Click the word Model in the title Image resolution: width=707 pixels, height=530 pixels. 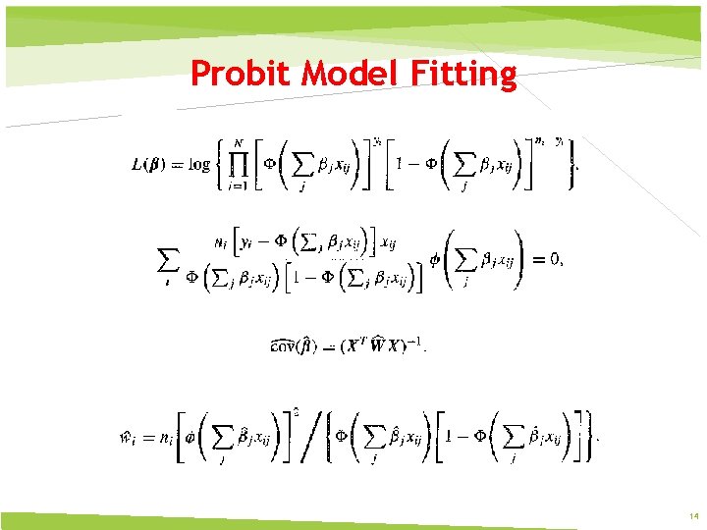pyautogui.click(x=339, y=74)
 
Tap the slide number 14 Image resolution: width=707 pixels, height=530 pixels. pyautogui.click(x=692, y=515)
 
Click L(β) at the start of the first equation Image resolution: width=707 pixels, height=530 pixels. pyautogui.click(x=151, y=164)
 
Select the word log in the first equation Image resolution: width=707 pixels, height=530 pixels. pyautogui.click(x=199, y=164)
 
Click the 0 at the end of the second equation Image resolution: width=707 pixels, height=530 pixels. pyautogui.click(x=556, y=259)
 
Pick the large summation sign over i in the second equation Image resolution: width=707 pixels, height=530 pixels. pyautogui.click(x=168, y=260)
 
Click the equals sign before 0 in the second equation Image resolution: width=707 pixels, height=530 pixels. pyautogui.click(x=536, y=259)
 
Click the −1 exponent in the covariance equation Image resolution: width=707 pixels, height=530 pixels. pyautogui.click(x=416, y=340)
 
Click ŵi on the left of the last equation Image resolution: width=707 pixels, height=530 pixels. pyautogui.click(x=128, y=439)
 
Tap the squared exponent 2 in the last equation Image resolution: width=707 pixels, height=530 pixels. pyautogui.click(x=295, y=411)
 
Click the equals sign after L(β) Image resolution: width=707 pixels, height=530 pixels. pyautogui.click(x=181, y=164)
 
